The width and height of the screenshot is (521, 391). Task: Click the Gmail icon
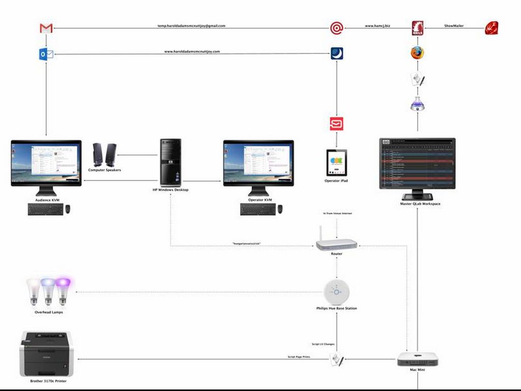click(x=46, y=29)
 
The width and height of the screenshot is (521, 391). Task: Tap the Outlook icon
click(x=46, y=54)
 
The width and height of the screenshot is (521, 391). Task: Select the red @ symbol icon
click(x=336, y=28)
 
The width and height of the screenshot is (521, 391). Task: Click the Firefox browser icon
click(x=418, y=52)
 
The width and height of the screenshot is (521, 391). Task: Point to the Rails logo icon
click(x=418, y=28)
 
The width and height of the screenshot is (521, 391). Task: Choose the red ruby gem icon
click(x=491, y=28)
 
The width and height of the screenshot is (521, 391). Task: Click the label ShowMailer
click(x=454, y=25)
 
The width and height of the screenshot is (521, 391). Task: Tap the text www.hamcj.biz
click(x=378, y=25)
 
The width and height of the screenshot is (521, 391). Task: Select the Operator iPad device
click(x=336, y=162)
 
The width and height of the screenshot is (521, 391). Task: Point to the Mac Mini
click(x=418, y=359)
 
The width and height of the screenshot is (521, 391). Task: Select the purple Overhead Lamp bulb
click(x=63, y=291)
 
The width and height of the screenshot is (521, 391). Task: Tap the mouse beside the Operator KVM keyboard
click(x=280, y=209)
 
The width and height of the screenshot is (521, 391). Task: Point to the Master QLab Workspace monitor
click(x=418, y=164)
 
